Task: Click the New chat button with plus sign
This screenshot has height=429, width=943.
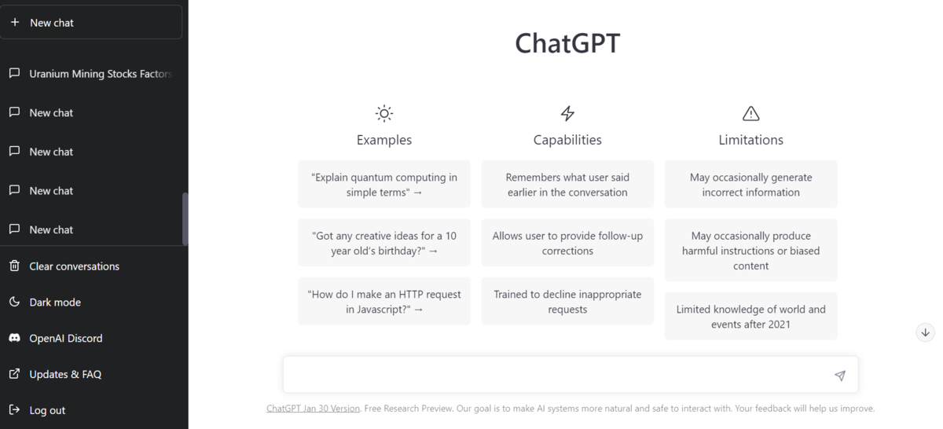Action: click(90, 23)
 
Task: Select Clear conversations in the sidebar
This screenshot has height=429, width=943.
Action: click(74, 266)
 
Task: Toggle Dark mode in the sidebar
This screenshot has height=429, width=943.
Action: click(55, 302)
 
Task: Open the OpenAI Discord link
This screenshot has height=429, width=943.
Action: click(65, 339)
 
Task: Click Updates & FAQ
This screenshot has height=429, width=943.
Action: click(64, 375)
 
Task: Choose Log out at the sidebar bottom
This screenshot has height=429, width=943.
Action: click(47, 410)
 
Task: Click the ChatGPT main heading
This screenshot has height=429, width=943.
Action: click(567, 43)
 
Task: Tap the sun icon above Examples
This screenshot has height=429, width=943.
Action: click(383, 113)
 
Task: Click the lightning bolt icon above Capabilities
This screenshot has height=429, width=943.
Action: click(567, 113)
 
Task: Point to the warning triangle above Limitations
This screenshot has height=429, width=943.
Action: click(750, 113)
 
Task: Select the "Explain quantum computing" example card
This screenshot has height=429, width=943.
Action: click(383, 185)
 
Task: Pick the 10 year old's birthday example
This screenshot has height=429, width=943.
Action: click(383, 243)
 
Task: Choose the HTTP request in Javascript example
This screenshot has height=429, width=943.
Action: click(383, 301)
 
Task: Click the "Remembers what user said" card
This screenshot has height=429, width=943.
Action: click(567, 185)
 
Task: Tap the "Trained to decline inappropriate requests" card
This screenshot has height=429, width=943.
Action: click(567, 301)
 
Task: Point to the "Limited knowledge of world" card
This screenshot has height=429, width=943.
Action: click(750, 317)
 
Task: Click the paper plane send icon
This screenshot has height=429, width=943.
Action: click(839, 376)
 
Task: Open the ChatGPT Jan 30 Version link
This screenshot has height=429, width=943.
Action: click(313, 409)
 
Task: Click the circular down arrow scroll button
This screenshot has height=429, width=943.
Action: click(925, 332)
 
